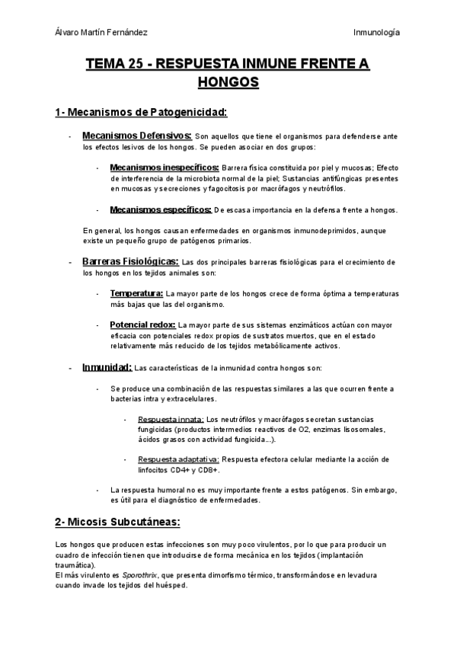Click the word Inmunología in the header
[x=378, y=32]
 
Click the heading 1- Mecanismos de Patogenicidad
[x=141, y=113]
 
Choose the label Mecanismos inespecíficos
[x=165, y=167]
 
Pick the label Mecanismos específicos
[x=161, y=209]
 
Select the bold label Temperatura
[x=136, y=293]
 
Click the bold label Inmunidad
[x=107, y=367]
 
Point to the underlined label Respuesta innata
[x=170, y=419]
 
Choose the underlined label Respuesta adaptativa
[x=178, y=459]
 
